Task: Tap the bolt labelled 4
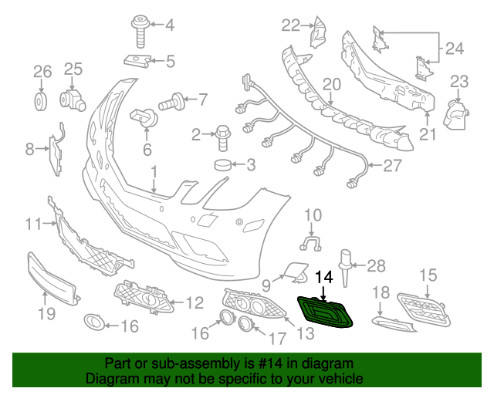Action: (141, 29)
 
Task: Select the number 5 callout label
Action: (170, 59)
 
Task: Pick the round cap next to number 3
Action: (224, 164)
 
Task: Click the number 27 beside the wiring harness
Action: (393, 165)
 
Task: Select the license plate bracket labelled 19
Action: (52, 277)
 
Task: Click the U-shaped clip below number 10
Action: (311, 245)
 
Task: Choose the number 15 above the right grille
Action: (428, 275)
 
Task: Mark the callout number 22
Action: (289, 25)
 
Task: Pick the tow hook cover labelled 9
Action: (292, 268)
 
